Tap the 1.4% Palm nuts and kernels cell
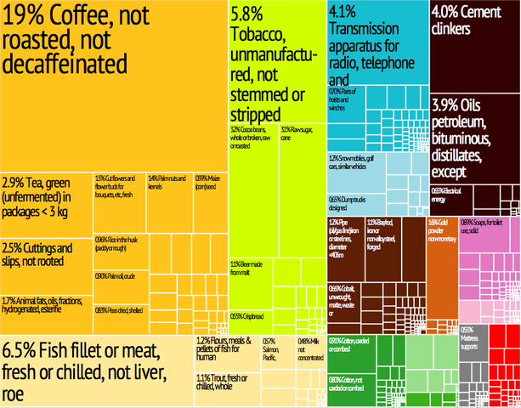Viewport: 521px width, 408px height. [x=167, y=183]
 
